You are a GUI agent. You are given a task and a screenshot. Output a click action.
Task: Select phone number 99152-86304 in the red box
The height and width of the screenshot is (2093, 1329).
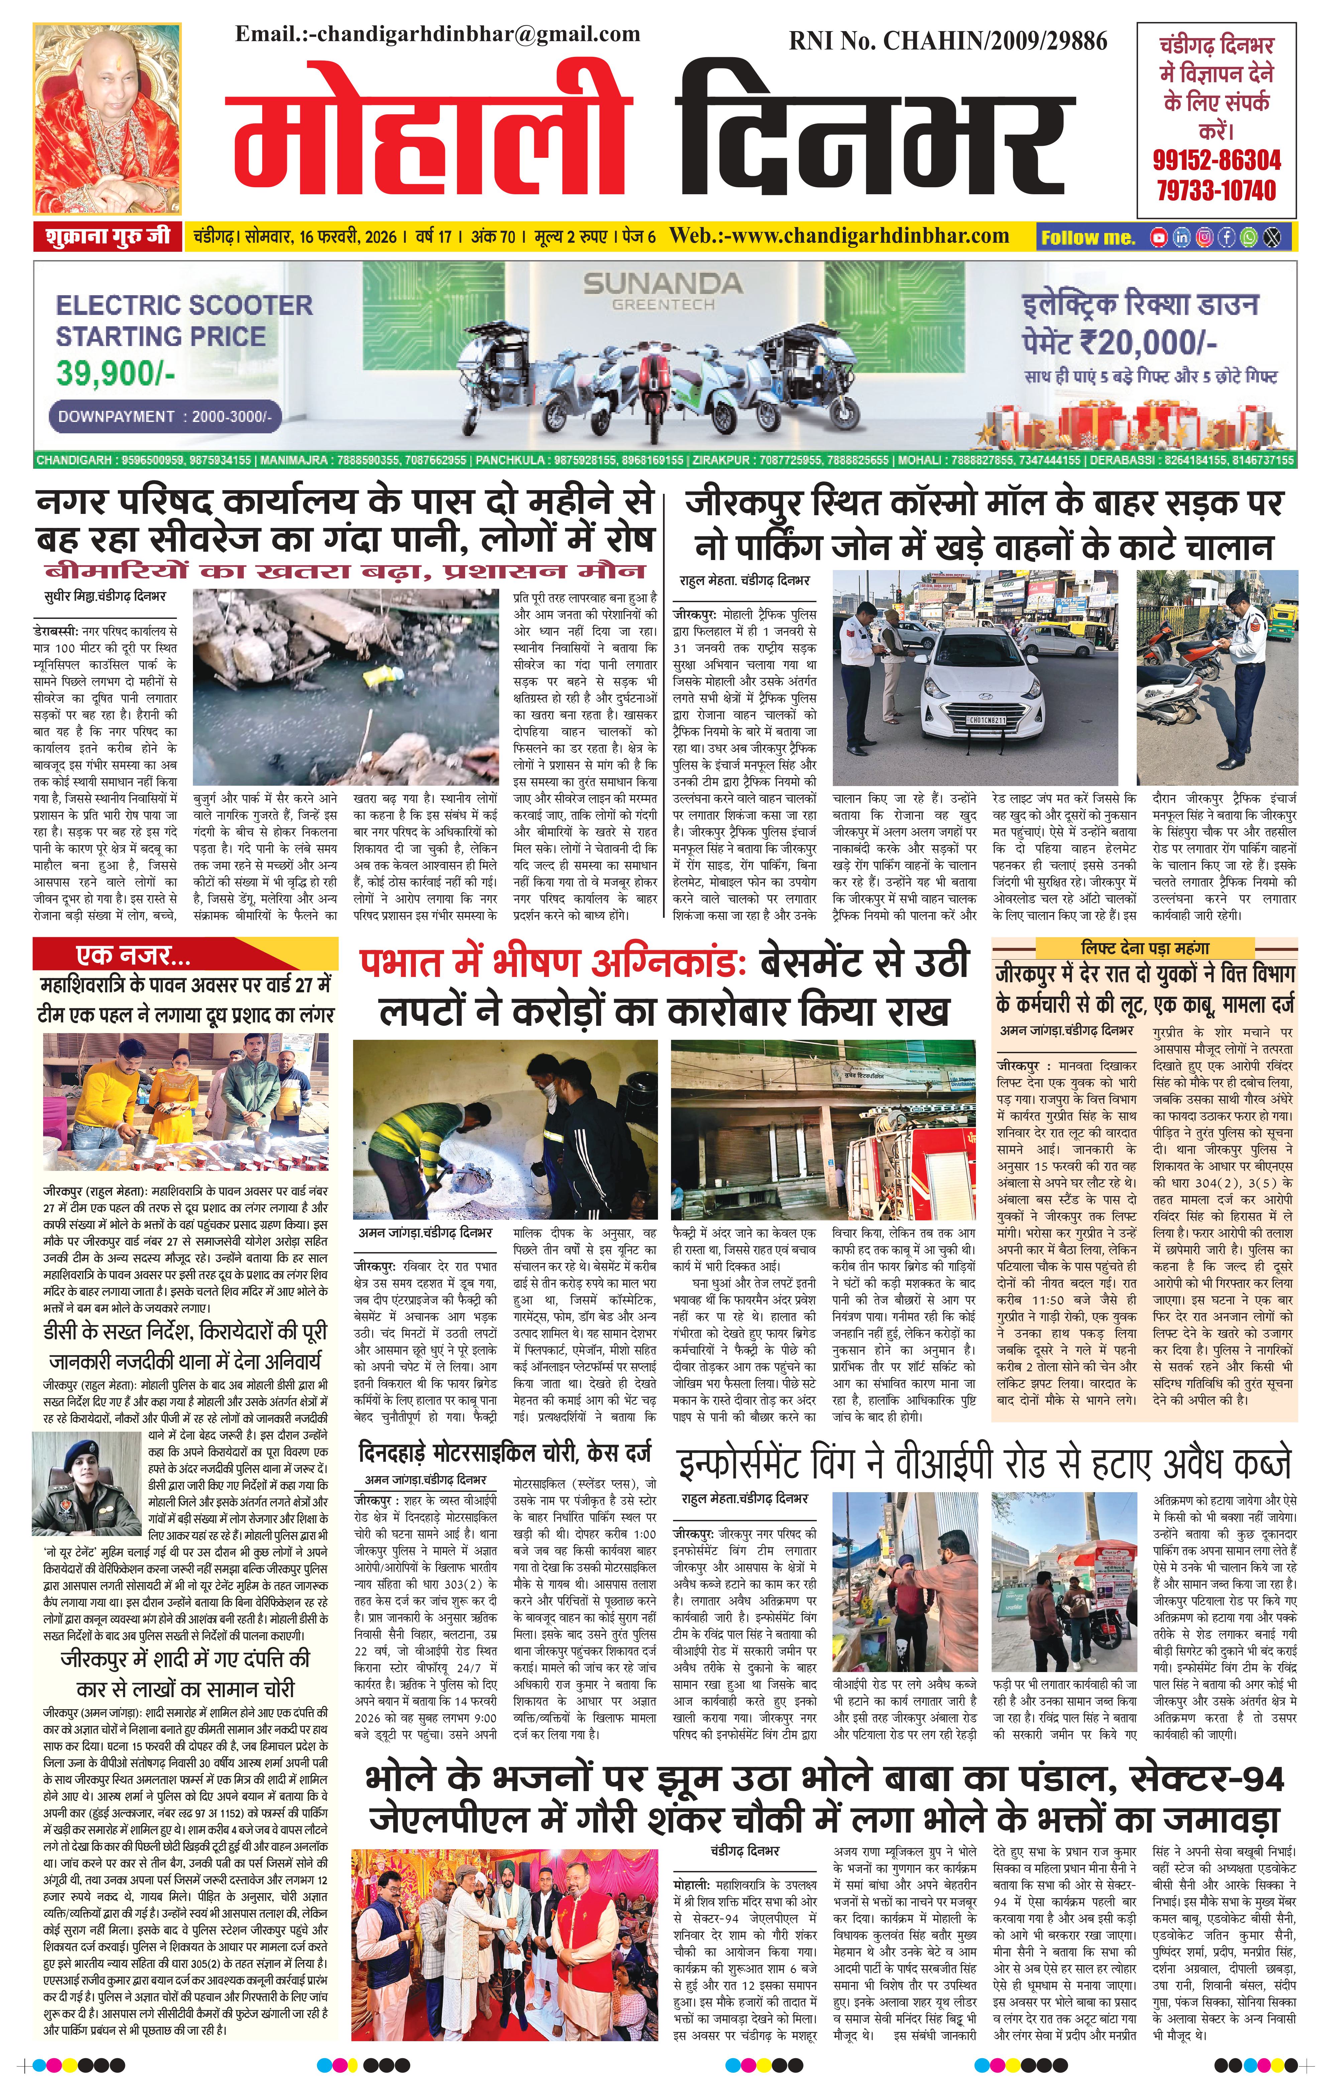coord(1217,160)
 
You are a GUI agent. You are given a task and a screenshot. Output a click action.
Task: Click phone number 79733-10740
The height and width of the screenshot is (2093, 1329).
coord(1217,190)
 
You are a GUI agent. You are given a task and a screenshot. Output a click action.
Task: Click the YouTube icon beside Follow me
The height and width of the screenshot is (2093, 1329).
coord(1158,236)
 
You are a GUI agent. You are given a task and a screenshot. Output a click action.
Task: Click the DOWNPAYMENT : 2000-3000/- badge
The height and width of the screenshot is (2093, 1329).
coord(164,416)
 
